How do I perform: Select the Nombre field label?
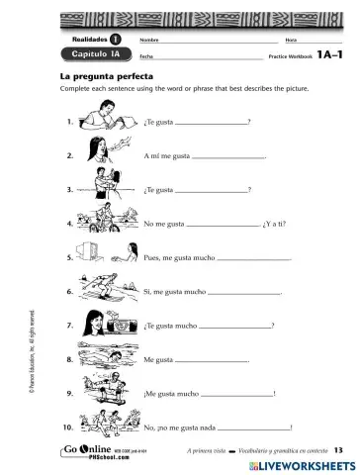coord(149,39)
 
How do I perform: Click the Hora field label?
coord(290,39)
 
